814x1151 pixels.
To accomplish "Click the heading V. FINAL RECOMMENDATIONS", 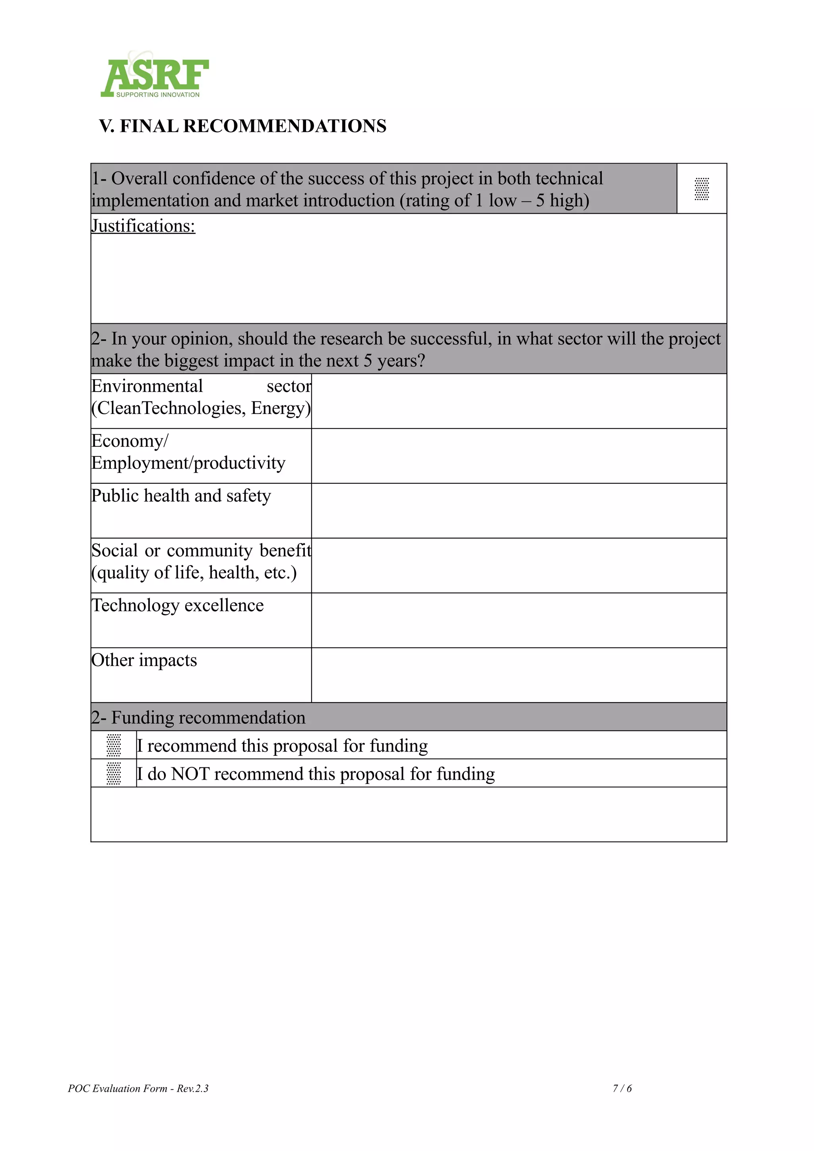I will (243, 126).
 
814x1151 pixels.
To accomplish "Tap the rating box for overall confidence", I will (701, 189).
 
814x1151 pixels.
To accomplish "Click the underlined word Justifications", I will (143, 226).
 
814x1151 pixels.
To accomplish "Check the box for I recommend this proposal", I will (114, 745).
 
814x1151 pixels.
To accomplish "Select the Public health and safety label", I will (181, 496).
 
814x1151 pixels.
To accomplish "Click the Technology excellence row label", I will (178, 606).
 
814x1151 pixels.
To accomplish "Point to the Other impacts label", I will (144, 660).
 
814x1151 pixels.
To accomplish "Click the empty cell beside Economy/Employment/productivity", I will (519, 456).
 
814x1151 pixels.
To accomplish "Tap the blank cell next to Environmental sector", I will (519, 401).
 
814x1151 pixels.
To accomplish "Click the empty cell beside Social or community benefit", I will (519, 566).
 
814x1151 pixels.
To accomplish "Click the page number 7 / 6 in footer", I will (622, 1088).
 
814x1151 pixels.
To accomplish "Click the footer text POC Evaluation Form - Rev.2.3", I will (138, 1088).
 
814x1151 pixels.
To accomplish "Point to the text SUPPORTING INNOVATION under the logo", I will (157, 95).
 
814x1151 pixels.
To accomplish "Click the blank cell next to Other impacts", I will (519, 675).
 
